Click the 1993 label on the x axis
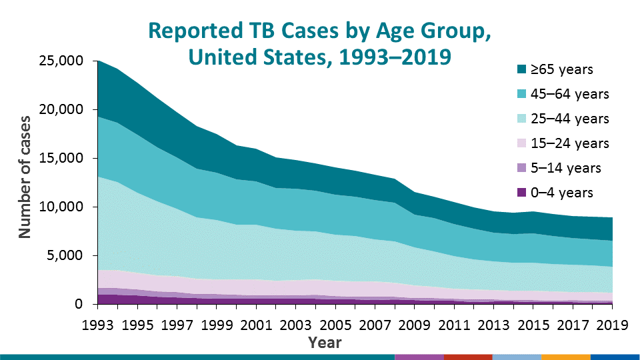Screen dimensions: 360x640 tap(98, 327)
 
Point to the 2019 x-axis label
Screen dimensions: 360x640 tap(611, 327)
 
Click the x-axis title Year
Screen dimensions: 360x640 tap(325, 343)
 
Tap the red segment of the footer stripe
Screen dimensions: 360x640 tap(467, 357)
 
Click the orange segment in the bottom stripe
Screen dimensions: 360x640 tap(566, 357)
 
